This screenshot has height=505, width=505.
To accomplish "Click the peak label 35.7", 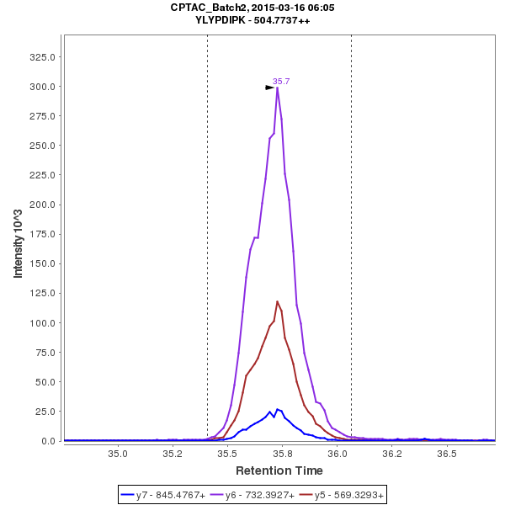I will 281,82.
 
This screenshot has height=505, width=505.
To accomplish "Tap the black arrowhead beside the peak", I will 269,87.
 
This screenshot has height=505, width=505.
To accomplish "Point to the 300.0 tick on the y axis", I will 44,87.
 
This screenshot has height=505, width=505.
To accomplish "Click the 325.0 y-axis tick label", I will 44,57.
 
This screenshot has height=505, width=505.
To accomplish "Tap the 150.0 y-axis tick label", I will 44,263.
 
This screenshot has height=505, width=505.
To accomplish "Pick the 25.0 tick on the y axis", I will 46,412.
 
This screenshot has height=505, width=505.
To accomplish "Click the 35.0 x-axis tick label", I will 118,454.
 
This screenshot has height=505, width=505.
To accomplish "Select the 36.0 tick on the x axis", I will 338,454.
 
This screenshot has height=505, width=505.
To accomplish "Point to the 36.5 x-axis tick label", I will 447,454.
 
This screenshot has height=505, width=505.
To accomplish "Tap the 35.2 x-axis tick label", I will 173,454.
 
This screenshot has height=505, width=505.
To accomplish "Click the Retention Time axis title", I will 279,470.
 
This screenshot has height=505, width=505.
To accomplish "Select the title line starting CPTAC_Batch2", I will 252,7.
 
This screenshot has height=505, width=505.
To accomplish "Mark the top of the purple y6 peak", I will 277,88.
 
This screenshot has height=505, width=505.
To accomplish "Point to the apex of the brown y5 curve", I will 277,301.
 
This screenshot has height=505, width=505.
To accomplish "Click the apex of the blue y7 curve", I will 277,409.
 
